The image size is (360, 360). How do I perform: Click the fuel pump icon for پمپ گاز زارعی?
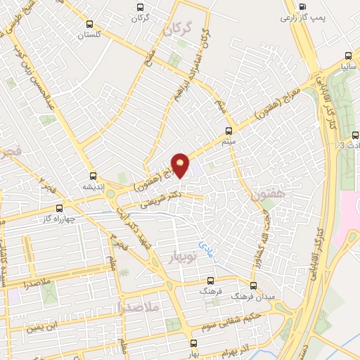coord(303,8)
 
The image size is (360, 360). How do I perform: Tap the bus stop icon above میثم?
coord(229,131)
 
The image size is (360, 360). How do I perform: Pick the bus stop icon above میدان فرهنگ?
coord(253,286)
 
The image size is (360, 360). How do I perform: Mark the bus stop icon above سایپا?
coord(348,56)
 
